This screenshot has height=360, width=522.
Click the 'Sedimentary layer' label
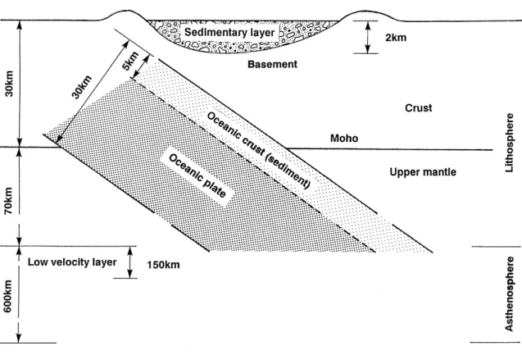[229, 33]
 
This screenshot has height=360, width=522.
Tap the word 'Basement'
[272, 64]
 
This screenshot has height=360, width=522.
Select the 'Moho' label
[344, 139]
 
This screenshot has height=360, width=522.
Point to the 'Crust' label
[419, 108]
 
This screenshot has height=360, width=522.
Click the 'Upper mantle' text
[423, 172]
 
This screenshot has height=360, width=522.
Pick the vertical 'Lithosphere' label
[510, 143]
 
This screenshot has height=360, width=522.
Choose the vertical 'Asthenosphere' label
[510, 294]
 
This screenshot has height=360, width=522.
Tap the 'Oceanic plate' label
[197, 175]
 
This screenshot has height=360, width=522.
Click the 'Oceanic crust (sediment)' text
[259, 150]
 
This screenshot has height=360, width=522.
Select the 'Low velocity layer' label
[72, 262]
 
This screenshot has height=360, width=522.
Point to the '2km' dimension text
[396, 37]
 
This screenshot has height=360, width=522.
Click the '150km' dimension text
[163, 265]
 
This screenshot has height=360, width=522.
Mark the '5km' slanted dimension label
[130, 61]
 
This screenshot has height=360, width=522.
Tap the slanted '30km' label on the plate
[82, 87]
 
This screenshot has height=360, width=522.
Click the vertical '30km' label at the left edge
[9, 84]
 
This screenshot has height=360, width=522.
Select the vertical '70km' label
[8, 200]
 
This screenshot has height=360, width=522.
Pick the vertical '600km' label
[7, 296]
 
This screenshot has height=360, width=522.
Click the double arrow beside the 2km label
[367, 37]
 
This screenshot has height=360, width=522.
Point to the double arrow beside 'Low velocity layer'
[130, 262]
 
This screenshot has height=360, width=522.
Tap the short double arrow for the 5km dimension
[140, 67]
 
